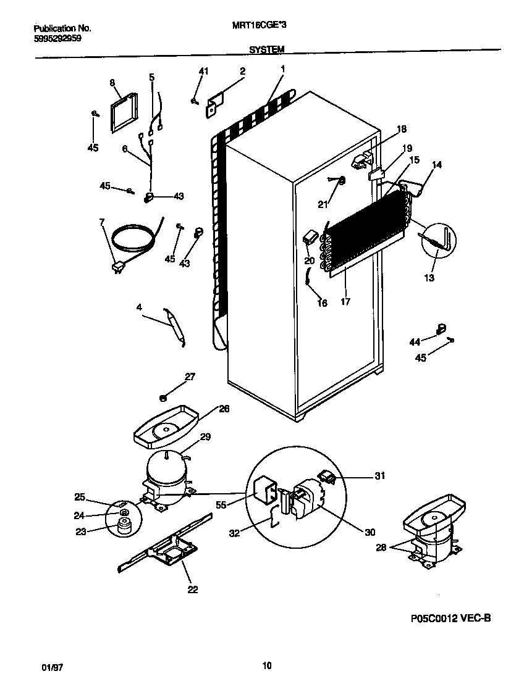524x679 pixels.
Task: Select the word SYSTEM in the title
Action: [267, 49]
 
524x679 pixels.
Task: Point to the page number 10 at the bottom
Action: [266, 665]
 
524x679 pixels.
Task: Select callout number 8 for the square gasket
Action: [112, 82]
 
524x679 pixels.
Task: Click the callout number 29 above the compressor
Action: [206, 436]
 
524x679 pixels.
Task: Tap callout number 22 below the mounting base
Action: [193, 589]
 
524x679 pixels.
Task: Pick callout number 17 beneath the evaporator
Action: [345, 302]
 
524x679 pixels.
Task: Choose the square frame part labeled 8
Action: [124, 113]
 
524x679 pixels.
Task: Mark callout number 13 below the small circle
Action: [429, 278]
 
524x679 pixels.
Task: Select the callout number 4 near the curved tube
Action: [139, 306]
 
